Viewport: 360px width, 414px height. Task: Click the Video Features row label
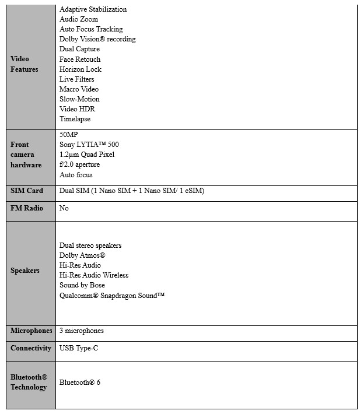24,64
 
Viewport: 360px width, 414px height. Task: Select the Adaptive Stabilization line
93,9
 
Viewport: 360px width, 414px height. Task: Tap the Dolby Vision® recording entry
97,39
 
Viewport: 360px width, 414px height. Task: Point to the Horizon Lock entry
80,69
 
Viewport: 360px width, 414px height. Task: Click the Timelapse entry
75,119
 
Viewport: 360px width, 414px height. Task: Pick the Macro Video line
79,89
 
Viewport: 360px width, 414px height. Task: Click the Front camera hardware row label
26,155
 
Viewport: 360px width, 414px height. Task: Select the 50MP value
69,135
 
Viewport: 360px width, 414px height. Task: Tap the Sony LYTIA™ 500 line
89,145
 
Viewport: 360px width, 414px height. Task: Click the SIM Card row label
27,191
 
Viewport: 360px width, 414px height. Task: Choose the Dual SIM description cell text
131,191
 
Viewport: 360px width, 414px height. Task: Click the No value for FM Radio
64,208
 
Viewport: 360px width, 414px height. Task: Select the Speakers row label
25,271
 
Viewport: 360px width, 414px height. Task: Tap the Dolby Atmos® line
82,255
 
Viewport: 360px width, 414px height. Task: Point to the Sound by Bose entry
82,285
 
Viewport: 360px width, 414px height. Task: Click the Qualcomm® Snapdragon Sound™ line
112,296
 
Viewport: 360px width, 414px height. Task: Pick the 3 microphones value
82,331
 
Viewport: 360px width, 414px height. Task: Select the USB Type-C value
79,348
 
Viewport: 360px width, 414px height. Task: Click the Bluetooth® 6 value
80,383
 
